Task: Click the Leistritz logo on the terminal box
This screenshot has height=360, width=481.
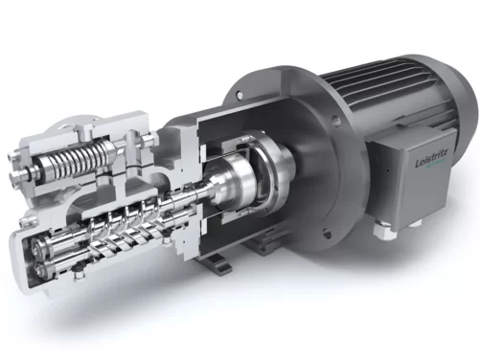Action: point(431,159)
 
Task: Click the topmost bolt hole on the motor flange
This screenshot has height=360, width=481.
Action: point(238,95)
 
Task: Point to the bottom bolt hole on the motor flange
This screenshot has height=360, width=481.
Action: point(326,232)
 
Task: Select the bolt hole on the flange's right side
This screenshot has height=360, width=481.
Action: point(335,122)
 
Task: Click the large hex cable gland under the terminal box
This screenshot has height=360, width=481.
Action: point(384,230)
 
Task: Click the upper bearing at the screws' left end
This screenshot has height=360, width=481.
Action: point(39,245)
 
